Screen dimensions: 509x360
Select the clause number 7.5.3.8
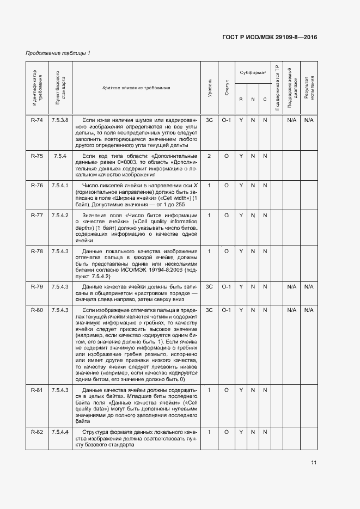point(60,120)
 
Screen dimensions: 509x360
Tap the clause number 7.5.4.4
point(60,432)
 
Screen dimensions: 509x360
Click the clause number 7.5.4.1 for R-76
point(60,186)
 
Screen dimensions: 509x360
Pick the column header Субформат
point(253,72)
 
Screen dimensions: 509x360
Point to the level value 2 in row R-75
point(209,156)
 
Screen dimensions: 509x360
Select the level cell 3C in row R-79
point(209,286)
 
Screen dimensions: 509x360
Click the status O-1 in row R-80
point(227,310)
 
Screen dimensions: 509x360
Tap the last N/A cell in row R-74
point(309,120)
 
